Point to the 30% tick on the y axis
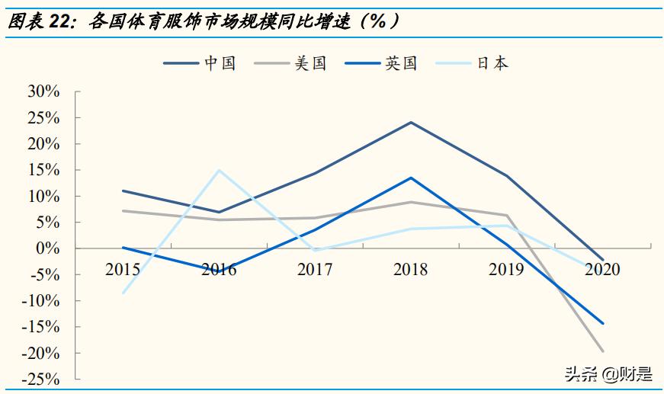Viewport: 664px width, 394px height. (43, 92)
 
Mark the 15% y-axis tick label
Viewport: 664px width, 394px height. (43, 170)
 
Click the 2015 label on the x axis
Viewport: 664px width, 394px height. (123, 269)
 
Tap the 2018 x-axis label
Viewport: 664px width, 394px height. (411, 269)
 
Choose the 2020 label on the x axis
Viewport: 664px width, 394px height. (603, 269)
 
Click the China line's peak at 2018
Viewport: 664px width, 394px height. (412, 122)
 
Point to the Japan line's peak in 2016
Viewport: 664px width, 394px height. (220, 170)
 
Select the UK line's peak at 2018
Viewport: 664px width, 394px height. (412, 178)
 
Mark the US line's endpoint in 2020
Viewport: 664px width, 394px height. (603, 351)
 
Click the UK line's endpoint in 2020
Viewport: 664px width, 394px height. (603, 323)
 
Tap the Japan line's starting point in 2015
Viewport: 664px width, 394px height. (123, 293)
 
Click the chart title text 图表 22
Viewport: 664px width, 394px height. (38, 22)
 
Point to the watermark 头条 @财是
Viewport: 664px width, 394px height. (608, 374)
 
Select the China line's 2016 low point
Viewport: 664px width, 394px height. (220, 212)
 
